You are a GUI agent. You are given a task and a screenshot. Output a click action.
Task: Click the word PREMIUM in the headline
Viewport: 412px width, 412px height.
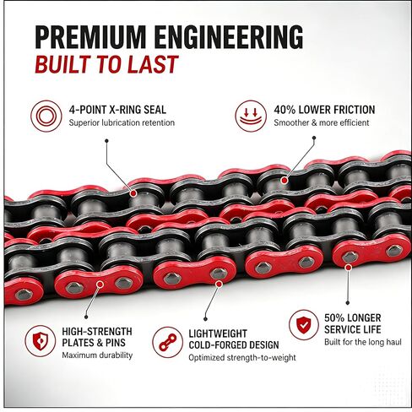[90, 37]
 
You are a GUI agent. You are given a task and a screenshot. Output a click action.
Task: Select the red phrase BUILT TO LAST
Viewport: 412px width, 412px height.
[106, 64]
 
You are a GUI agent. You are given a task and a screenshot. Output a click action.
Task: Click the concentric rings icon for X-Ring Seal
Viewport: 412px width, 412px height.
[46, 116]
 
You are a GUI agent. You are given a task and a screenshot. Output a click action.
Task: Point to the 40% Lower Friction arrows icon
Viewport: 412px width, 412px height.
[251, 116]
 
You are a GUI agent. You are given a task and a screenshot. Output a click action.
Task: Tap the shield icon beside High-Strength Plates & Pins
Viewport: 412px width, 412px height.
[41, 341]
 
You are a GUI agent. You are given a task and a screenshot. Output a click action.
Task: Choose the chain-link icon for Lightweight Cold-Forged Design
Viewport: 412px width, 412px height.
[168, 342]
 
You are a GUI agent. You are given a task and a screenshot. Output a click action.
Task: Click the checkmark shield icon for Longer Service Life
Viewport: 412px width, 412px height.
[304, 325]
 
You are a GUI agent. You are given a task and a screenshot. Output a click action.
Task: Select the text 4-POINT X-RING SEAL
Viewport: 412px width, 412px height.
[117, 110]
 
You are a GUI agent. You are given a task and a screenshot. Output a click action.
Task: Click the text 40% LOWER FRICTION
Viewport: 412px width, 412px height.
[324, 110]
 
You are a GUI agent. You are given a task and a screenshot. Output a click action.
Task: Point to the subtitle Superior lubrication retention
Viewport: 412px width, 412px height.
[122, 122]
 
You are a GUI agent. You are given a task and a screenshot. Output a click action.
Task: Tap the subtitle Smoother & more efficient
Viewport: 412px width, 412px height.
[322, 122]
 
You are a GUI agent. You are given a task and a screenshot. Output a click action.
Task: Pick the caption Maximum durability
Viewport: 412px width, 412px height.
[97, 355]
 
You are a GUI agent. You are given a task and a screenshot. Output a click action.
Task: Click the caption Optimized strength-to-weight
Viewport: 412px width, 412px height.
[242, 358]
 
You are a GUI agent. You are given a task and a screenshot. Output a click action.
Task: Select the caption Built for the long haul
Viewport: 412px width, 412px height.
[363, 342]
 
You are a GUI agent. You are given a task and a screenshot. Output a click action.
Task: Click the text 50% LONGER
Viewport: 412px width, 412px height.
[353, 318]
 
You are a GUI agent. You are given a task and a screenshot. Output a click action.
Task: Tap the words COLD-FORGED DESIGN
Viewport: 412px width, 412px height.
[234, 345]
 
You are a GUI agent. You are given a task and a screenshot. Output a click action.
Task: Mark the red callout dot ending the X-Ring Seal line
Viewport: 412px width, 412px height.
[133, 193]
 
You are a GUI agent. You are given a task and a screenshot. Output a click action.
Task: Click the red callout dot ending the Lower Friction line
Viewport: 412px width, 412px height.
[285, 180]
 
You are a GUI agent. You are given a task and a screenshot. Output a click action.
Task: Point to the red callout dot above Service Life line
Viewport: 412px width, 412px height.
[349, 267]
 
